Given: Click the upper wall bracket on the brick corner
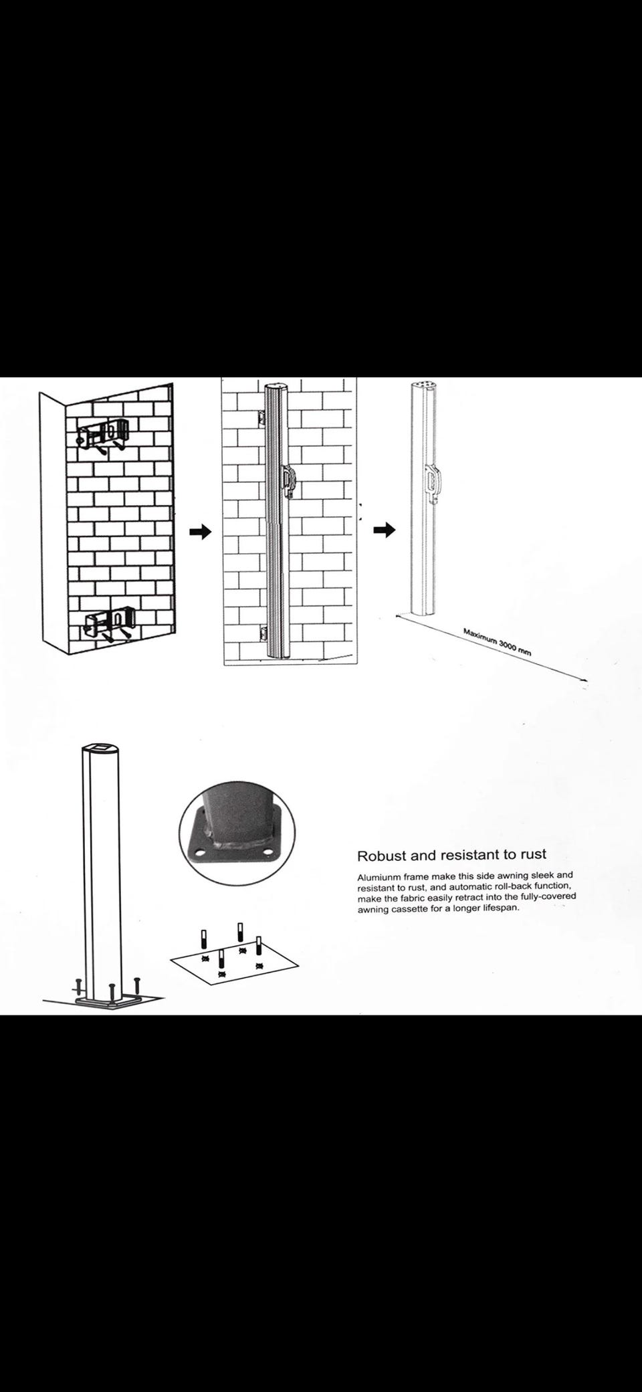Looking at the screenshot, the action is [104, 434].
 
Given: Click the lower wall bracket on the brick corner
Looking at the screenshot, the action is [110, 621].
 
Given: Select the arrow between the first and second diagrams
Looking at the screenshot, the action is [200, 532].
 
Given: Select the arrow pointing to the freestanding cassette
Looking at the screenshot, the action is [384, 530].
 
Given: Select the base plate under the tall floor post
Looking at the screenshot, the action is [107, 1003].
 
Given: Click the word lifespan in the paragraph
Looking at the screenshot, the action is [501, 909].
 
